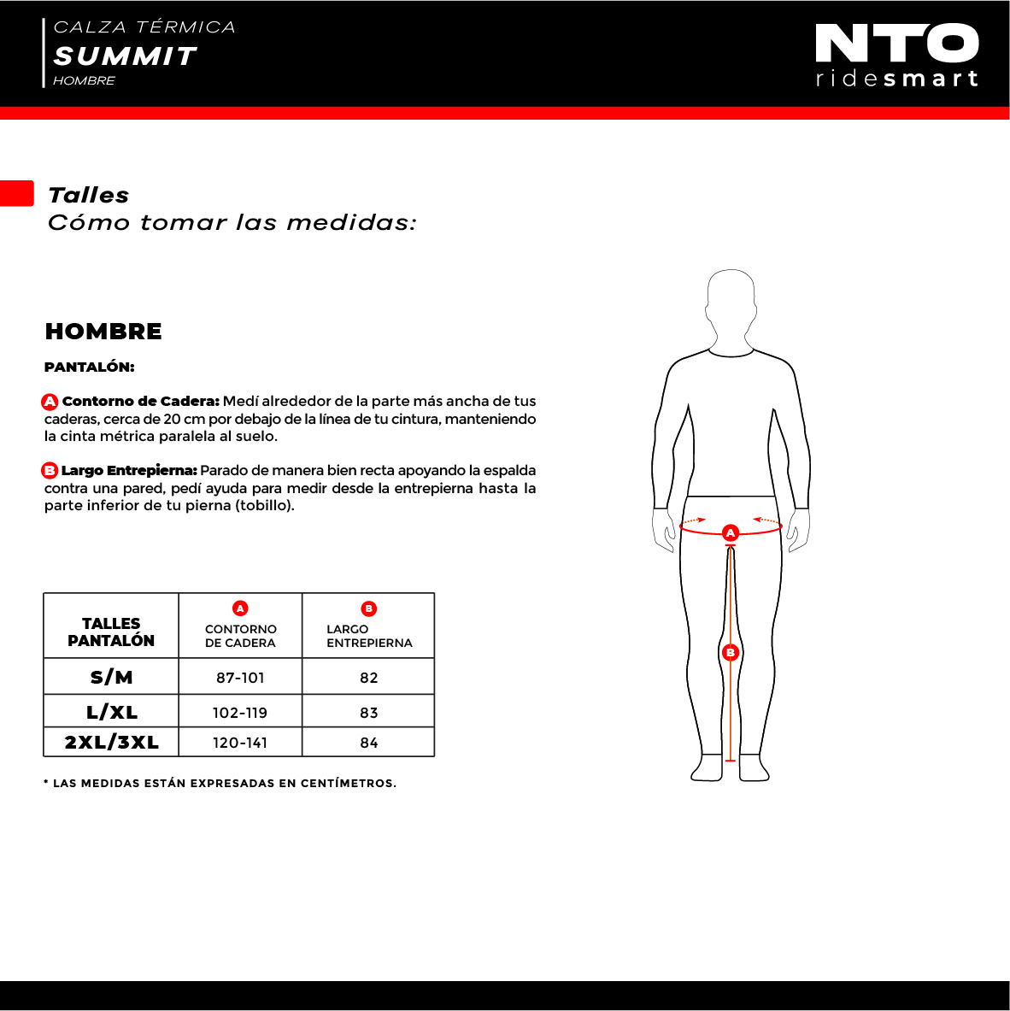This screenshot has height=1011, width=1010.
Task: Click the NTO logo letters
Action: [896, 44]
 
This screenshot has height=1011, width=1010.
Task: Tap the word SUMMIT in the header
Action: [125, 56]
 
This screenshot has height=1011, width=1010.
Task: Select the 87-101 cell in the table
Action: [240, 678]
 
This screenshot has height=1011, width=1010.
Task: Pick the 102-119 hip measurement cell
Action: [240, 713]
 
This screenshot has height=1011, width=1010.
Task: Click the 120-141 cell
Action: [240, 743]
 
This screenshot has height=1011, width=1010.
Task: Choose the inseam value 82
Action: [368, 678]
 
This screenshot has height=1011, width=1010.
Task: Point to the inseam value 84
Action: [368, 743]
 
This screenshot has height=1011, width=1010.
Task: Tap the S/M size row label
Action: [111, 677]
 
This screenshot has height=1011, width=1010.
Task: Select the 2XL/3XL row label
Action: [111, 742]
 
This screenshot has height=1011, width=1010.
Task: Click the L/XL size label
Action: [111, 712]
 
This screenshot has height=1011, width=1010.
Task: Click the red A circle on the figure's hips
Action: [731, 532]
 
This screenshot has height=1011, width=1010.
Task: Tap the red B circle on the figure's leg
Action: [731, 653]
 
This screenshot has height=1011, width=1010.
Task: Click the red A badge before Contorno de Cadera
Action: [50, 402]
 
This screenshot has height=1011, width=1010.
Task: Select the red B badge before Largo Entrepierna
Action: [50, 471]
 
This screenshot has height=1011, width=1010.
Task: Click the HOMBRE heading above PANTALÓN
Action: [103, 332]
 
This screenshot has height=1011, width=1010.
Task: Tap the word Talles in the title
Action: [88, 195]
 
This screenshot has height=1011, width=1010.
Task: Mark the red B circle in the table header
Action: [368, 608]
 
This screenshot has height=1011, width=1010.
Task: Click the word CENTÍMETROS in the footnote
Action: [347, 784]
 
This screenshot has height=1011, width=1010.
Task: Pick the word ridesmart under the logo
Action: [896, 79]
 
